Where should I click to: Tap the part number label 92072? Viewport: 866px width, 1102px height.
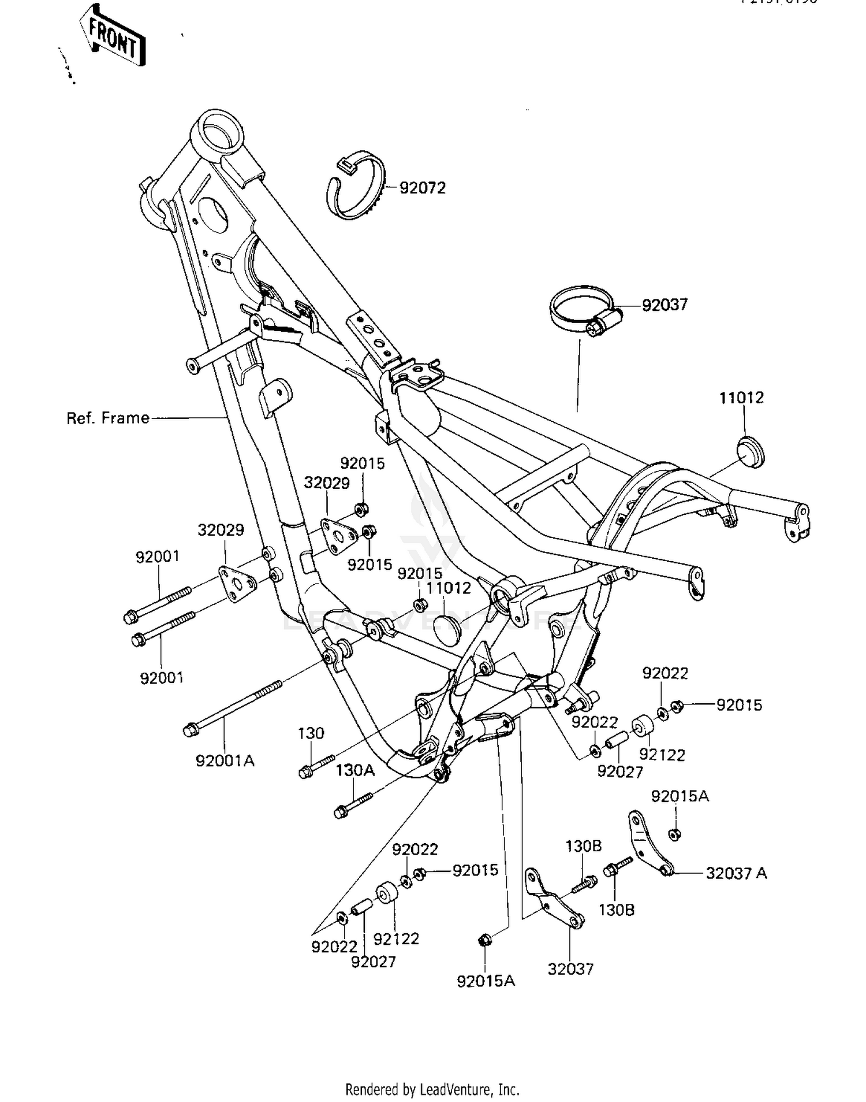(x=423, y=188)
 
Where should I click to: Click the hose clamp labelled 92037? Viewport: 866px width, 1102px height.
(x=583, y=310)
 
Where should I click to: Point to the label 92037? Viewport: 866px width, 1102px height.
(x=665, y=305)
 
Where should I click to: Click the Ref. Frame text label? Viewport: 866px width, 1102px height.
(x=108, y=418)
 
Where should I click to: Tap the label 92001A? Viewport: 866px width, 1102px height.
(x=225, y=761)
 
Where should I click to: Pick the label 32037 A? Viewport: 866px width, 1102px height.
(x=736, y=873)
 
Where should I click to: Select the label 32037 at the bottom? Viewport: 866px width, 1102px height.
(x=570, y=969)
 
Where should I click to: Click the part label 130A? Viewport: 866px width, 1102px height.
(x=355, y=770)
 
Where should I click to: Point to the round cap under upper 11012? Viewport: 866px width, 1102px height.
(x=751, y=451)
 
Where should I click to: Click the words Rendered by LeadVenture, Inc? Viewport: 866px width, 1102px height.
(x=432, y=1090)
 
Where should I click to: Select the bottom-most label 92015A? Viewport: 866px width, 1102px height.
(x=486, y=981)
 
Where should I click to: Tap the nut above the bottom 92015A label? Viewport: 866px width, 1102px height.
(x=484, y=940)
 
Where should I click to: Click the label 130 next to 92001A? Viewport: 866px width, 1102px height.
(x=311, y=733)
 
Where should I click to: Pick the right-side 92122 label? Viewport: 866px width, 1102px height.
(x=662, y=755)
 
